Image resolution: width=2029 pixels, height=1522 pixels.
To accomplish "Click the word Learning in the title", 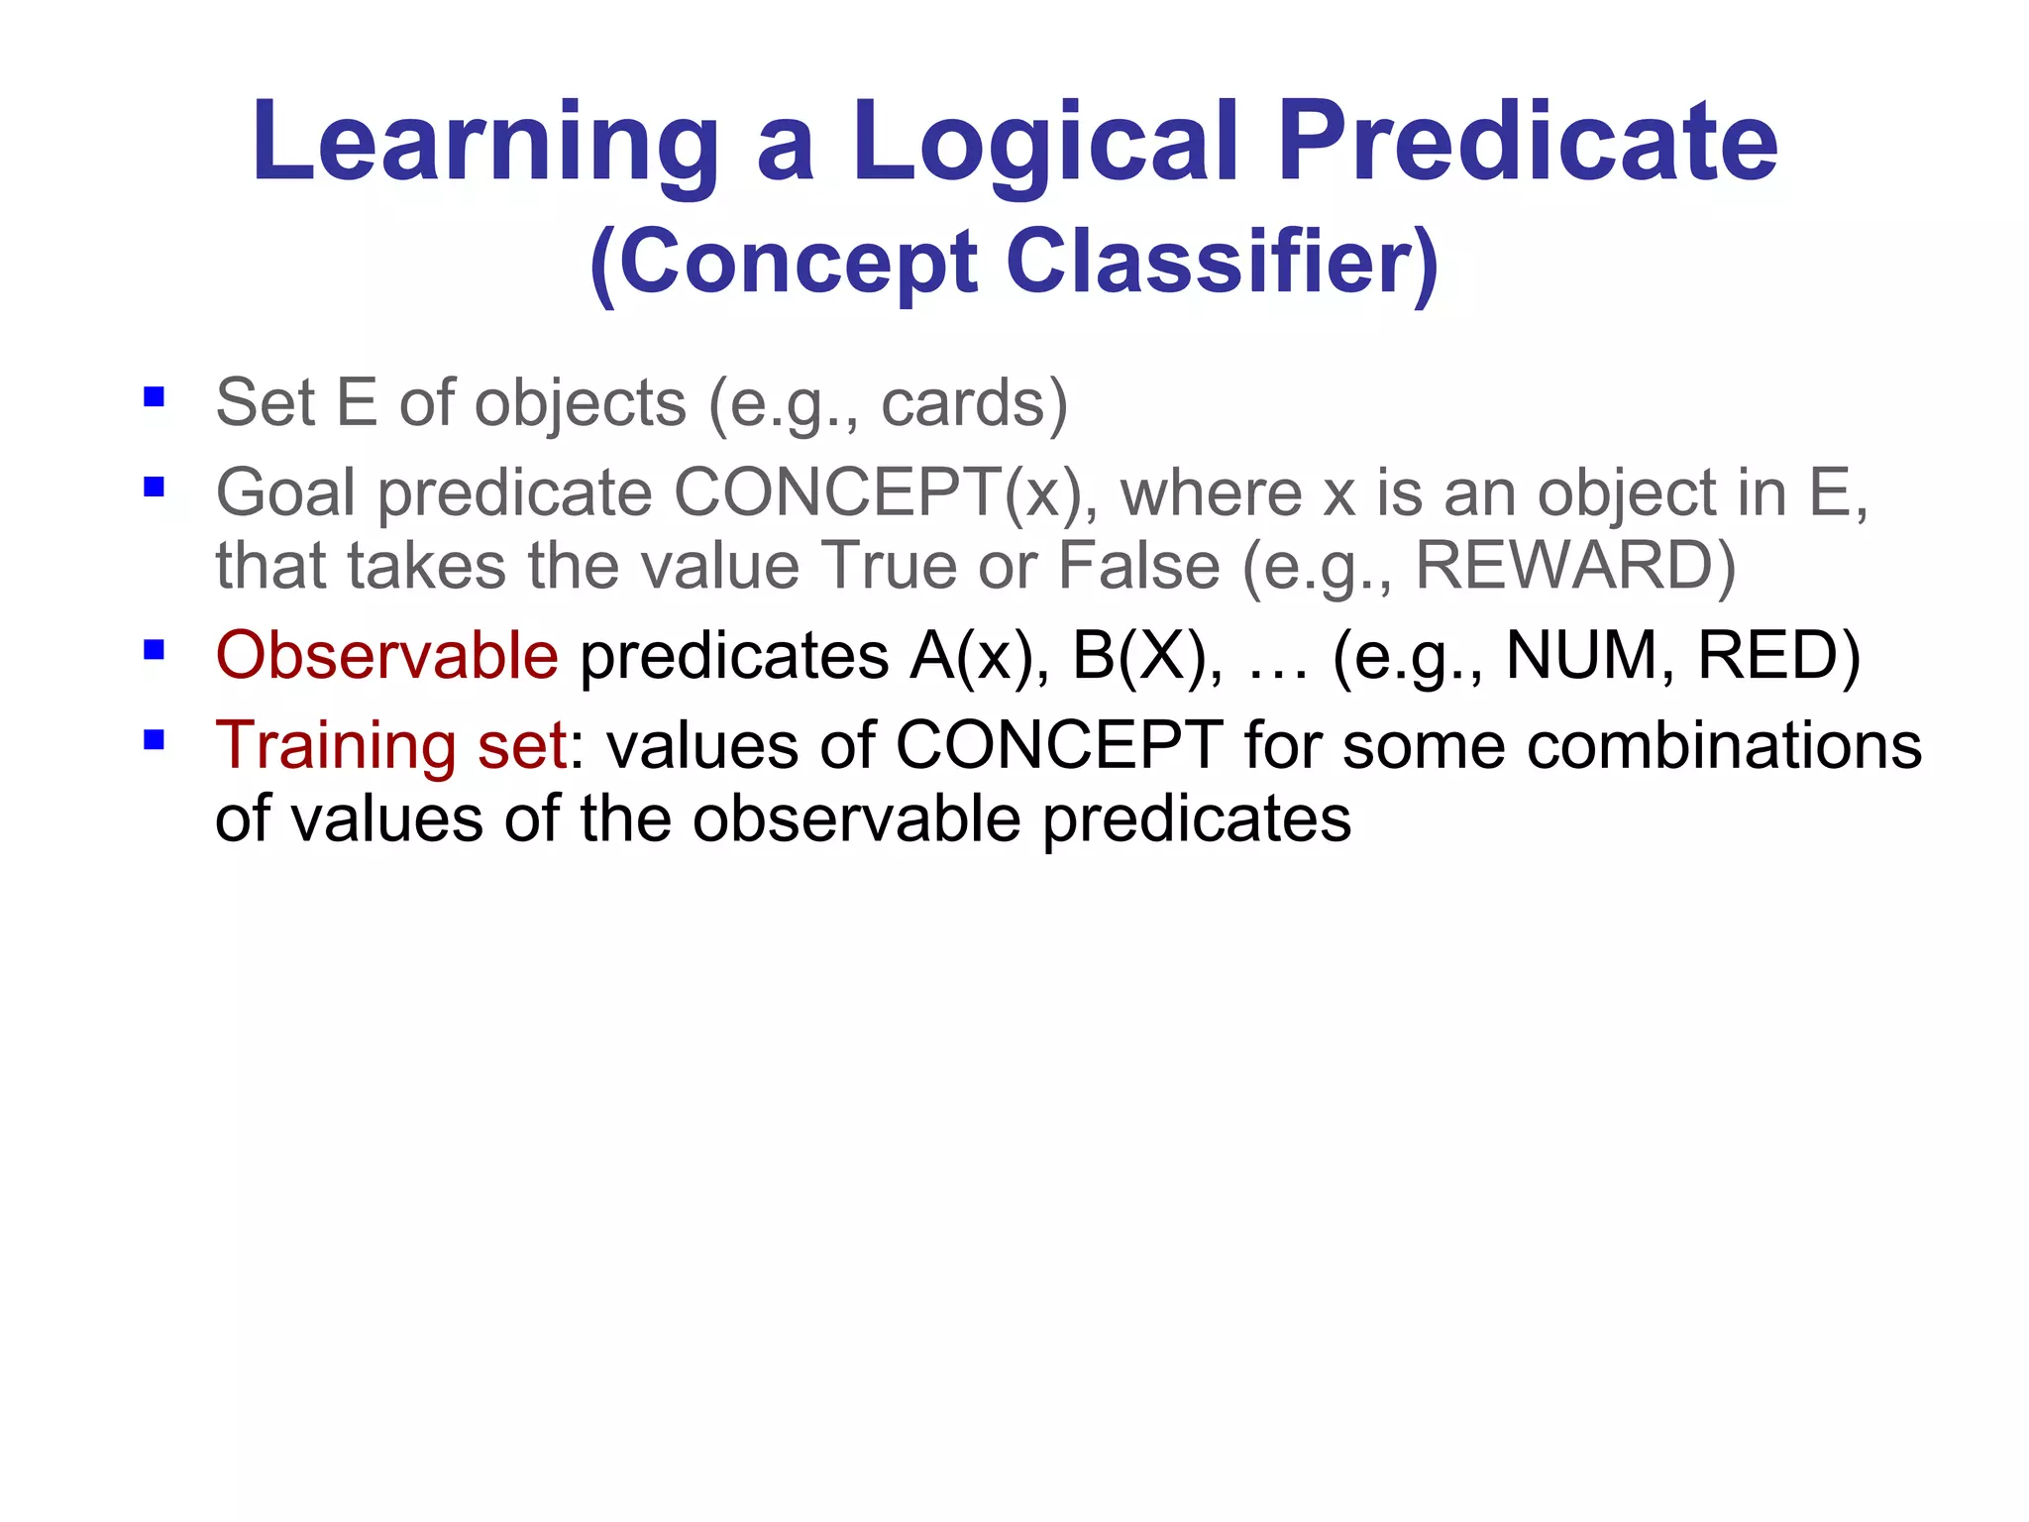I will [x=485, y=144].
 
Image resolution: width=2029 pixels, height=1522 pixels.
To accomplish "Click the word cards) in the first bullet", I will [x=975, y=403].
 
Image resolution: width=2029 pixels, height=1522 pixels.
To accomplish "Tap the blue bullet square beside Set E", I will [x=154, y=398].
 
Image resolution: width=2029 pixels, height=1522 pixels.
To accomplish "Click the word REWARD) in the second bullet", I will [x=1575, y=566].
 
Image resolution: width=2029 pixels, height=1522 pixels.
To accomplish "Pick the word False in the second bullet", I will [x=1139, y=566].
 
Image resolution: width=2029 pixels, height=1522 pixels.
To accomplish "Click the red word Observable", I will [x=387, y=656].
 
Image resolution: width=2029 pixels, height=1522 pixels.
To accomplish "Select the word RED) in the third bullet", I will [x=1778, y=656].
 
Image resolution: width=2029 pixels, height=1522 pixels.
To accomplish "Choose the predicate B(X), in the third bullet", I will [x=1149, y=656].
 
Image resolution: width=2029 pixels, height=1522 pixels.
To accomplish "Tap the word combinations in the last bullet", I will [x=1724, y=746].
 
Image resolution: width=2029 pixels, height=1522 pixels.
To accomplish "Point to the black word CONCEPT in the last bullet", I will [x=1059, y=746].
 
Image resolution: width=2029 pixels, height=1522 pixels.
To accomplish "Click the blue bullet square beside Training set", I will [x=154, y=740].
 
